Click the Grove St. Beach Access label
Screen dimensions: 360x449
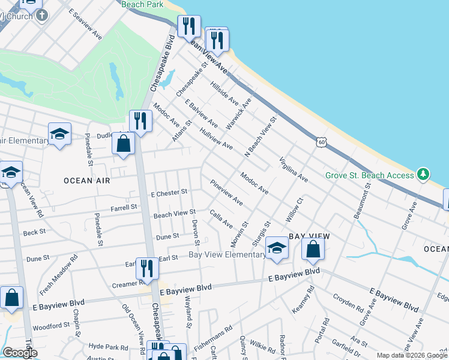click(369, 175)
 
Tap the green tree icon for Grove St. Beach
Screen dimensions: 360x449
click(424, 175)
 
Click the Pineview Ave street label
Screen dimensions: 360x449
click(226, 192)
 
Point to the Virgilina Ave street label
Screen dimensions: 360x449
click(294, 170)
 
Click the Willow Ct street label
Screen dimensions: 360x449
click(297, 208)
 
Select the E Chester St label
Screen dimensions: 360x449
click(169, 193)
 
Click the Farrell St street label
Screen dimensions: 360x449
click(124, 208)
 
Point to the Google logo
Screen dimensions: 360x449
click(20, 352)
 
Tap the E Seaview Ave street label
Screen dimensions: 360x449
click(85, 24)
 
